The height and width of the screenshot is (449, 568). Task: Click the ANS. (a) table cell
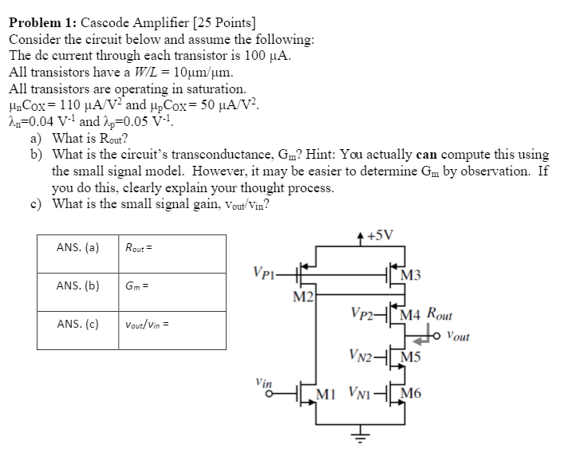click(78, 247)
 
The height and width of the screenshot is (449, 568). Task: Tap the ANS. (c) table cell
click(78, 324)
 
